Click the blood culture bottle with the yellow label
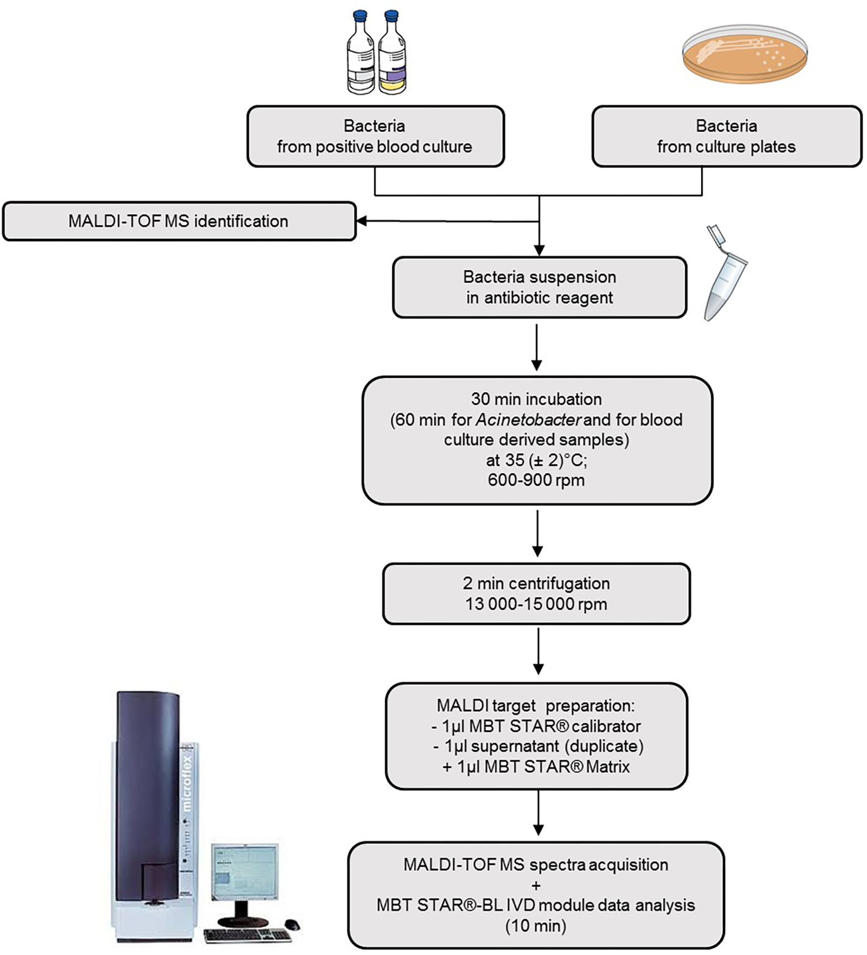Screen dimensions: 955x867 pyautogui.click(x=393, y=55)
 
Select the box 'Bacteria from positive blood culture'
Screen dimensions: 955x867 pyautogui.click(x=375, y=136)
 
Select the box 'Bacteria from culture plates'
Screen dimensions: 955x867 pyautogui.click(x=726, y=136)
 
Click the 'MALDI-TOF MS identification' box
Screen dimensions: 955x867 pyautogui.click(x=178, y=221)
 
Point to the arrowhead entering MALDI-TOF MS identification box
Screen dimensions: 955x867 pyautogui.click(x=361, y=221)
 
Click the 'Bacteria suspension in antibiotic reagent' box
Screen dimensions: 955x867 pyautogui.click(x=539, y=287)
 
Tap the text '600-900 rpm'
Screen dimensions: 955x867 pyautogui.click(x=536, y=480)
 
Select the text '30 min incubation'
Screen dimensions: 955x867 pyautogui.click(x=536, y=399)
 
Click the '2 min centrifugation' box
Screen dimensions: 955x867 pyautogui.click(x=536, y=594)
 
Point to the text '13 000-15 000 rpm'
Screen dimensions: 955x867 pyautogui.click(x=536, y=604)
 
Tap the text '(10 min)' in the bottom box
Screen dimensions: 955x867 pyautogui.click(x=536, y=926)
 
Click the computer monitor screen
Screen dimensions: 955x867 pyautogui.click(x=244, y=872)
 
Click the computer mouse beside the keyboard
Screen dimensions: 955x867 pyautogui.click(x=292, y=924)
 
